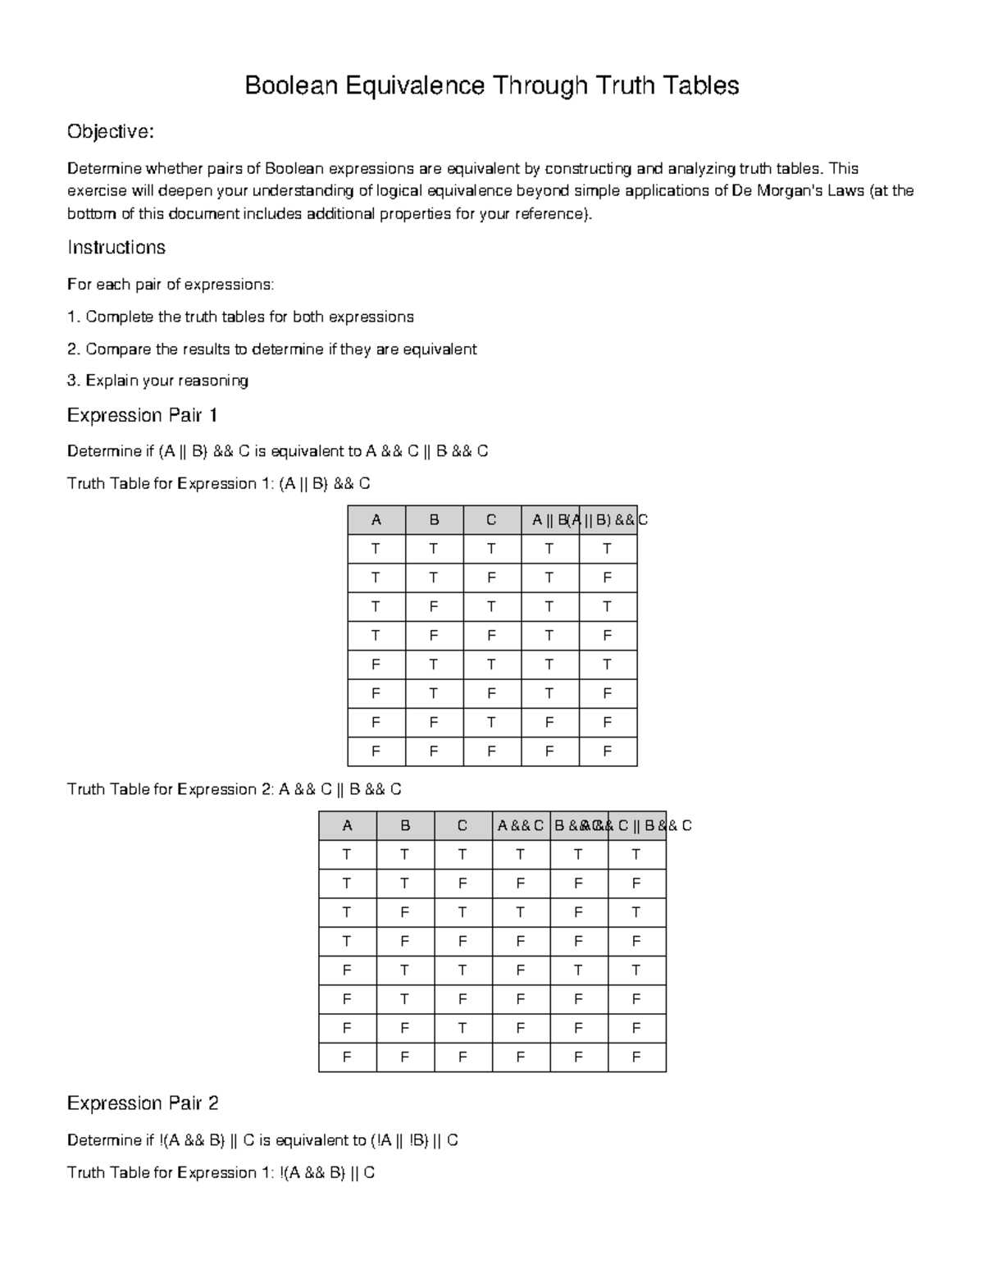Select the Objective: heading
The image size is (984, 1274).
coord(110,132)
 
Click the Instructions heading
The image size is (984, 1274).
coord(116,248)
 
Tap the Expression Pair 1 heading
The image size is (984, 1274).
coord(142,415)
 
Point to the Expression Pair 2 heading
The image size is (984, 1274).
coord(142,1103)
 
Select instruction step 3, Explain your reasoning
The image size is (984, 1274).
coord(157,381)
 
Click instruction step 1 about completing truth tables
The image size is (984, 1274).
coord(240,317)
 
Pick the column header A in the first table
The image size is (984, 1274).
coord(376,520)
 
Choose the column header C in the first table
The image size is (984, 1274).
coord(491,520)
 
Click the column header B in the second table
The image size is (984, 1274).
coord(405,826)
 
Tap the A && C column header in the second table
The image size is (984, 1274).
coord(521,826)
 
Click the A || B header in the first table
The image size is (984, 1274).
coord(549,520)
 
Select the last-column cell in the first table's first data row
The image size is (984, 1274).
coord(608,549)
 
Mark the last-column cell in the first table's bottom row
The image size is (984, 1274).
coord(608,751)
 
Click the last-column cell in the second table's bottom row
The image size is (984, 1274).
coord(636,1057)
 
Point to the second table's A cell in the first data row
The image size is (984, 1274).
coord(347,855)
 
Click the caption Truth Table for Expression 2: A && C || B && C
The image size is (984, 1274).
coord(234,789)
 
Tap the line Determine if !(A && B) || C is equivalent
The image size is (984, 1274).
coord(262,1140)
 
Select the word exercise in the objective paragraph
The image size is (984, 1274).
coord(97,191)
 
